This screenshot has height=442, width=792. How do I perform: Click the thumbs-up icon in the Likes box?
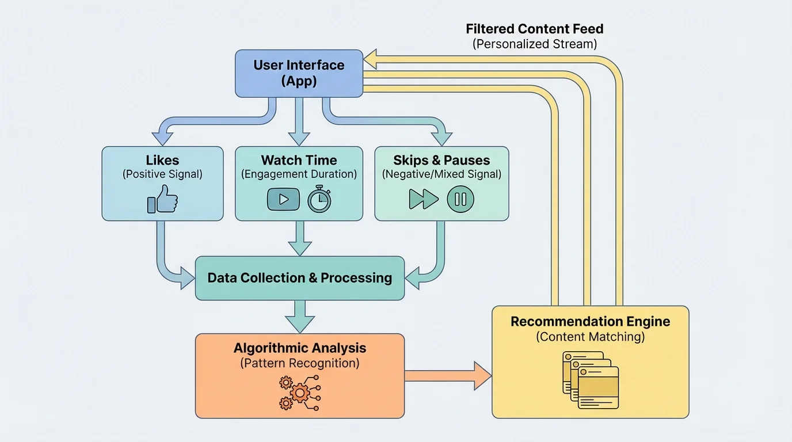pyautogui.click(x=162, y=199)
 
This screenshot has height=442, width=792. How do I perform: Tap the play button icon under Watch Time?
pyautogui.click(x=283, y=199)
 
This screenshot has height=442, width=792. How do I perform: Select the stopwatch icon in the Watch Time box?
pyautogui.click(x=319, y=200)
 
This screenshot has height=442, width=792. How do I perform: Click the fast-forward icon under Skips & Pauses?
pyautogui.click(x=424, y=199)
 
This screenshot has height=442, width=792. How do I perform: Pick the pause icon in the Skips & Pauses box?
pyautogui.click(x=460, y=200)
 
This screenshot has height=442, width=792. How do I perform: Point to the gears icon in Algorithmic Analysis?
pyautogui.click(x=299, y=393)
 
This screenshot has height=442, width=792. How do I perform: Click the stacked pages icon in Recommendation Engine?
pyautogui.click(x=590, y=379)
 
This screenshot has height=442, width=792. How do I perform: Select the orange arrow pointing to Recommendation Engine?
pyautogui.click(x=448, y=376)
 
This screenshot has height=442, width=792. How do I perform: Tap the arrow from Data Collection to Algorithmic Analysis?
pyautogui.click(x=300, y=316)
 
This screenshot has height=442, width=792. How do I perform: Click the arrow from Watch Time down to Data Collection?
pyautogui.click(x=299, y=238)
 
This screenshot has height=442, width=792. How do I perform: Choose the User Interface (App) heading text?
pyautogui.click(x=299, y=73)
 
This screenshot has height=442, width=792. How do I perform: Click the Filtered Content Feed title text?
pyautogui.click(x=534, y=29)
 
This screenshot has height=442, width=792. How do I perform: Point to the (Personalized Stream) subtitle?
pyautogui.click(x=534, y=44)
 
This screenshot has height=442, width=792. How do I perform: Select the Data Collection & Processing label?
pyautogui.click(x=299, y=278)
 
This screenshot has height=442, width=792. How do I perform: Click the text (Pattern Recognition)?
pyautogui.click(x=299, y=363)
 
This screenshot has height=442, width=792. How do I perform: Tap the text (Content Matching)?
pyautogui.click(x=590, y=337)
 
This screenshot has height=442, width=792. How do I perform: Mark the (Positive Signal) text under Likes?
pyautogui.click(x=162, y=174)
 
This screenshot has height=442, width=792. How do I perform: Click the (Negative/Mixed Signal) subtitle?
pyautogui.click(x=441, y=174)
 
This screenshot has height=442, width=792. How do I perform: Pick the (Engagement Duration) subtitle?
pyautogui.click(x=299, y=174)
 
